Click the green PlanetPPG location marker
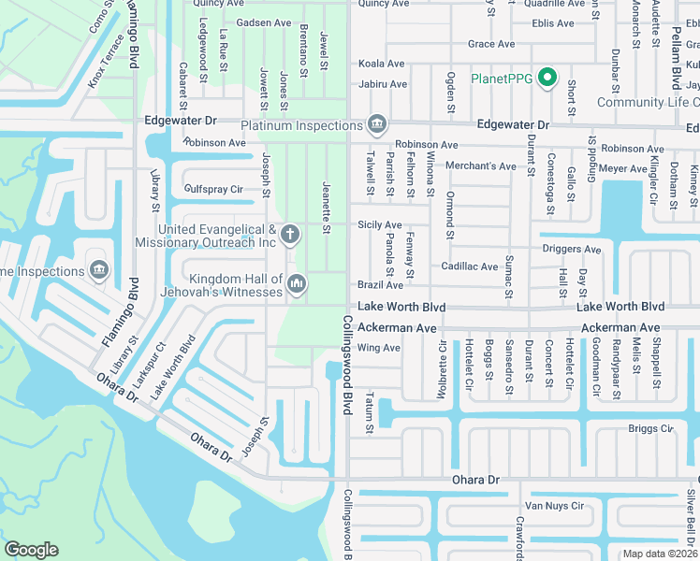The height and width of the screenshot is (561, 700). pos(548,79)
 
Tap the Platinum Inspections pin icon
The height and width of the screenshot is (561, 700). pos(377,124)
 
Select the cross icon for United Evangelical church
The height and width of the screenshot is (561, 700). pos(290,234)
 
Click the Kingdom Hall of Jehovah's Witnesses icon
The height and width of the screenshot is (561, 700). pos(297,282)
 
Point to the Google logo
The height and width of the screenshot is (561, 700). pos(30,549)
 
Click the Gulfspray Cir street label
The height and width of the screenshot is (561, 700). pos(214,190)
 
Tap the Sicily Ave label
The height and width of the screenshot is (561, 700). pos(380,225)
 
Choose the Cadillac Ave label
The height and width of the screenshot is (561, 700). pos(470,266)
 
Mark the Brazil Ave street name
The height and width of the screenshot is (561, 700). pos(380,285)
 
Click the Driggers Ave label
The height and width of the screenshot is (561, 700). pos(573,250)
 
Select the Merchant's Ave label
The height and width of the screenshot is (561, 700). pos(481,166)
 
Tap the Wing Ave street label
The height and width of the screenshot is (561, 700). pos(379,348)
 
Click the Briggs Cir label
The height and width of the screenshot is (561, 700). pos(651,429)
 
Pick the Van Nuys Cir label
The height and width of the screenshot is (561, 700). pos(554,506)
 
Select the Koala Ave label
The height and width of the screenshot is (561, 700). pos(382,64)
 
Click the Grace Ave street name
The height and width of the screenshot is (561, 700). pos(491,44)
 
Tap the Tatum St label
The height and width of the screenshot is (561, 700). pos(370,414)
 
